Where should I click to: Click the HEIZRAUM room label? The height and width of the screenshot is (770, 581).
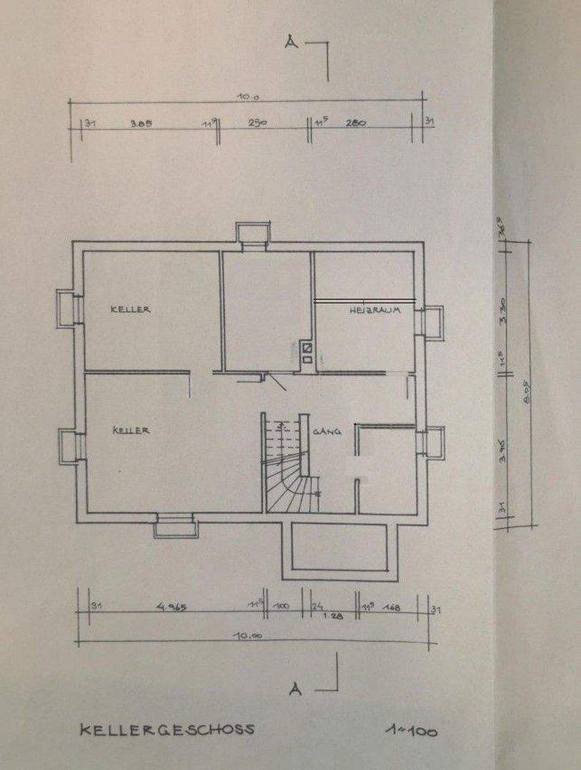tap(373, 312)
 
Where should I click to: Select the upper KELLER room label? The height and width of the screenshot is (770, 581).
tap(130, 309)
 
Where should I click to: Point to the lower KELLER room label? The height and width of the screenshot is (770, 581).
tap(131, 431)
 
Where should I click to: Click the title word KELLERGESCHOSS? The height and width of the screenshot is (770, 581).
tap(166, 730)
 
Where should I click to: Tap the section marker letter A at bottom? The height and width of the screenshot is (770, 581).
tap(294, 689)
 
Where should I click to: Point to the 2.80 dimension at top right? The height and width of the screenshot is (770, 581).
tap(356, 123)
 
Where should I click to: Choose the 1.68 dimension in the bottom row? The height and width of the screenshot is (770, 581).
tap(390, 608)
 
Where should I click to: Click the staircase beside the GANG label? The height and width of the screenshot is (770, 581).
tap(287, 467)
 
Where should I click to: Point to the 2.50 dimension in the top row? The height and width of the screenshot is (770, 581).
tap(257, 123)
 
